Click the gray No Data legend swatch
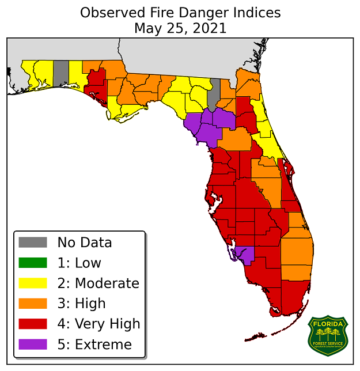(x=32, y=243)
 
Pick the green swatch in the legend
(x=32, y=263)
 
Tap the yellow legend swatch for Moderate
(x=32, y=283)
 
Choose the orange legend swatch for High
(x=32, y=304)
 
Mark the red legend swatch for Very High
(x=32, y=324)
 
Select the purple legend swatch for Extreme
(x=32, y=344)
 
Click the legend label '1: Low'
(x=79, y=263)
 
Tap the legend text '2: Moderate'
(x=98, y=283)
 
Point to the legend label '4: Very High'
(x=98, y=324)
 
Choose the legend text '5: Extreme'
(x=94, y=344)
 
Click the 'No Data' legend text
(x=84, y=243)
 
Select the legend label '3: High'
(x=81, y=304)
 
